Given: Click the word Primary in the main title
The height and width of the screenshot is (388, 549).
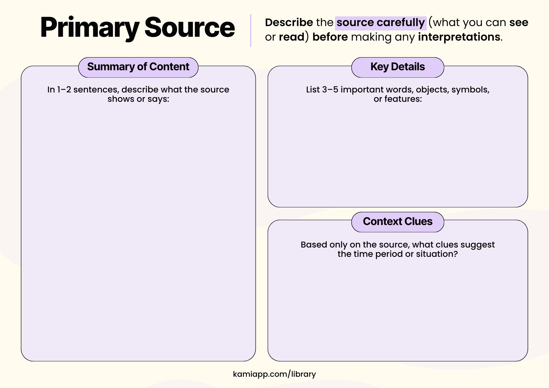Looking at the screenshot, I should click(x=89, y=27).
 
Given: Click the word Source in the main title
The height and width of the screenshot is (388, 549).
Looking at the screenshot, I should click(x=189, y=27).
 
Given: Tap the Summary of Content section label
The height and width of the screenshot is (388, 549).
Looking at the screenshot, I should click(x=138, y=67).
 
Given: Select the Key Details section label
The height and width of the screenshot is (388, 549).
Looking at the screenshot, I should click(x=397, y=67).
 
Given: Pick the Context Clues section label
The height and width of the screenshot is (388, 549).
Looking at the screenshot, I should click(x=397, y=221).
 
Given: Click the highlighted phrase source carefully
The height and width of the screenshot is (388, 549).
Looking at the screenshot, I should click(x=380, y=23).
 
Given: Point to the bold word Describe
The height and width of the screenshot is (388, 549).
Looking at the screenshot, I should click(x=289, y=23).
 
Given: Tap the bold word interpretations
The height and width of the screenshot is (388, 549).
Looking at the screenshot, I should click(x=459, y=37).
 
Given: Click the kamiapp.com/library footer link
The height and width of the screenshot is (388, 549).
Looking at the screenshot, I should click(x=274, y=374).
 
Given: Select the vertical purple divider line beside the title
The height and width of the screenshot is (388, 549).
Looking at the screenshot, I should click(x=251, y=30).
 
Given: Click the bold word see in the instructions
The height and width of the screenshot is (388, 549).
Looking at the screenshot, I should click(x=519, y=23).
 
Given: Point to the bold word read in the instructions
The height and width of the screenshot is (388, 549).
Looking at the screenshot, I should click(x=292, y=37).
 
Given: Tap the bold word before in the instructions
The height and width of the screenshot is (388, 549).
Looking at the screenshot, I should click(x=330, y=37).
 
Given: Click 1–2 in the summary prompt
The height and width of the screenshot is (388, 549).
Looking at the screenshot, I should click(x=64, y=90).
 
